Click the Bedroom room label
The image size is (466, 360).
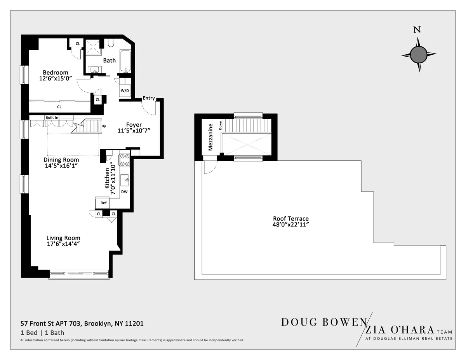click(55, 73)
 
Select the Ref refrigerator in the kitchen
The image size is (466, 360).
click(103, 203)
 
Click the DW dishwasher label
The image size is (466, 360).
click(124, 192)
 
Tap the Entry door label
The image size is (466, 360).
click(148, 98)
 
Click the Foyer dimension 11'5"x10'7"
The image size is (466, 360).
click(134, 131)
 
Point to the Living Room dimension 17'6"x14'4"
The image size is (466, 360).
click(63, 244)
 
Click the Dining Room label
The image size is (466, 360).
click(61, 160)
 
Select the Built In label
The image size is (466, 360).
click(52, 117)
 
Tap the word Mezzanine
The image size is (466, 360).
click(210, 137)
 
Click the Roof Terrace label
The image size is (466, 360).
click(290, 219)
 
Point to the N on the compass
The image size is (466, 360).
click(417, 30)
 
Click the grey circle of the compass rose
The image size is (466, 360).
click(418, 54)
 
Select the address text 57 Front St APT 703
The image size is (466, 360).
click(50, 323)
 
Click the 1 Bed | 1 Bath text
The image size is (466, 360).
click(42, 332)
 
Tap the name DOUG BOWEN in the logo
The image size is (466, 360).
click(323, 322)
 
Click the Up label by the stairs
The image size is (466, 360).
click(104, 126)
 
